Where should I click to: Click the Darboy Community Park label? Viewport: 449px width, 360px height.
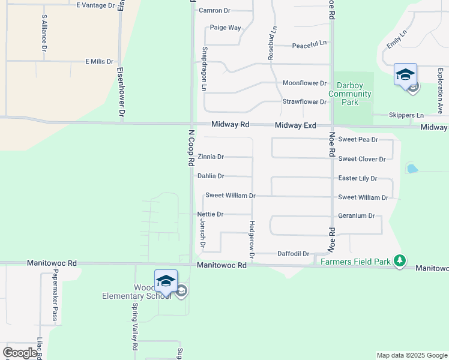[350, 94]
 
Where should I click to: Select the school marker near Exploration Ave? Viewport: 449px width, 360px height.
[405, 76]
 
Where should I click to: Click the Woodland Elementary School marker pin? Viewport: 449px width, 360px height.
[166, 280]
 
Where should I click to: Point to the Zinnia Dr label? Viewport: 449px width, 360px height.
[211, 157]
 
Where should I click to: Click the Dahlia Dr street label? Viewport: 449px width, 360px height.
[211, 176]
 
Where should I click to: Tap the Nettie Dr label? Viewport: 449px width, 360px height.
[210, 214]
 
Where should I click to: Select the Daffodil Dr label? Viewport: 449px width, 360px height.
[293, 254]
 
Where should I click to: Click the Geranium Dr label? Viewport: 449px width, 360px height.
[356, 216]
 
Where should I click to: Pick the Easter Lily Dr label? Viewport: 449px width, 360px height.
[357, 179]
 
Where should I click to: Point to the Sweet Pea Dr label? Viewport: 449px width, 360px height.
[358, 139]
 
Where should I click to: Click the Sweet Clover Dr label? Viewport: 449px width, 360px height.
[361, 159]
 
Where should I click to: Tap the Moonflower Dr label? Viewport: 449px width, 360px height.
[304, 83]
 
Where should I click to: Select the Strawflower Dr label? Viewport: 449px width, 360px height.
[304, 102]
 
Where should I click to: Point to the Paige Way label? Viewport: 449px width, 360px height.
[225, 28]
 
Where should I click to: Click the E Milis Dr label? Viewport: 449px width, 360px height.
[99, 62]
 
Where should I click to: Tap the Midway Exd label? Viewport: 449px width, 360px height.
[295, 125]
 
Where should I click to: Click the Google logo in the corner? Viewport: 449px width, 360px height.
[20, 353]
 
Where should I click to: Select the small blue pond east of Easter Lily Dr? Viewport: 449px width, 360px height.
[412, 169]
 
